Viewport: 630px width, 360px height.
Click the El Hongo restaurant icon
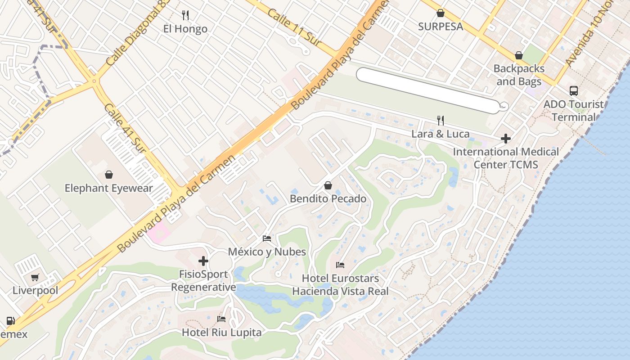click(x=185, y=15)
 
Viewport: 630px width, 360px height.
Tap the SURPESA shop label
click(x=441, y=27)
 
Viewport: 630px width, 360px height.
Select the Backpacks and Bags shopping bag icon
click(x=519, y=56)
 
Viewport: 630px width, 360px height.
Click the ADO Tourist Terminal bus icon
click(x=574, y=91)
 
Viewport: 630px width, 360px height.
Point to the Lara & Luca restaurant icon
click(x=441, y=121)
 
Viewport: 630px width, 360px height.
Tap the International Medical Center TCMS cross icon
click(x=506, y=139)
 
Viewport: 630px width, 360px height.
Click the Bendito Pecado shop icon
click(x=328, y=185)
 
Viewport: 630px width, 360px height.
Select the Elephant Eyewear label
click(x=109, y=188)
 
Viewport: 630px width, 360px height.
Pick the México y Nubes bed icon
click(x=267, y=238)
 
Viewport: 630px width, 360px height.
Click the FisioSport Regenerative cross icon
click(x=203, y=261)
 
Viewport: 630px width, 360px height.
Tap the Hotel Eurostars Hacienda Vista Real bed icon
click(x=340, y=265)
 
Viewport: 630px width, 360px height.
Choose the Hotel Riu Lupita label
click(x=221, y=333)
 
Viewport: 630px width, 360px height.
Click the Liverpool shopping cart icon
click(x=35, y=278)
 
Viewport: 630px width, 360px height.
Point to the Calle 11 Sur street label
click(x=293, y=27)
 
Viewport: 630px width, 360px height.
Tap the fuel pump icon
click(x=10, y=321)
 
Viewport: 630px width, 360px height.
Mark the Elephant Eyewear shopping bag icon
click(x=108, y=175)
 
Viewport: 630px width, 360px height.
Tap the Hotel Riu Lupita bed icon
click(x=221, y=319)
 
